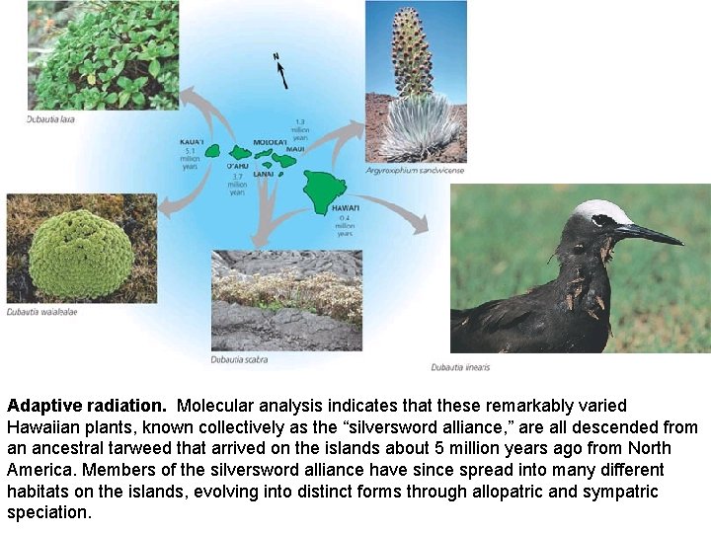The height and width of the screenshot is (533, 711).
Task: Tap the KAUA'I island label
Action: point(192,142)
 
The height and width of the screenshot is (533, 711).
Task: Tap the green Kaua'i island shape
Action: point(211,151)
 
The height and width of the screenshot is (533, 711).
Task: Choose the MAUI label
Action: point(296,149)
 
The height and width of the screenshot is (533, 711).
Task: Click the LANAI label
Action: point(263,174)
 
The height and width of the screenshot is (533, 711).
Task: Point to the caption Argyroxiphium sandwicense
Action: point(415,171)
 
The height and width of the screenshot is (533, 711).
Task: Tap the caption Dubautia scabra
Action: point(236,359)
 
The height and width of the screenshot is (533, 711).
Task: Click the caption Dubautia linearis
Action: point(460,367)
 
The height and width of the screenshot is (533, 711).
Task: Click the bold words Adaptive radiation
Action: point(87,406)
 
